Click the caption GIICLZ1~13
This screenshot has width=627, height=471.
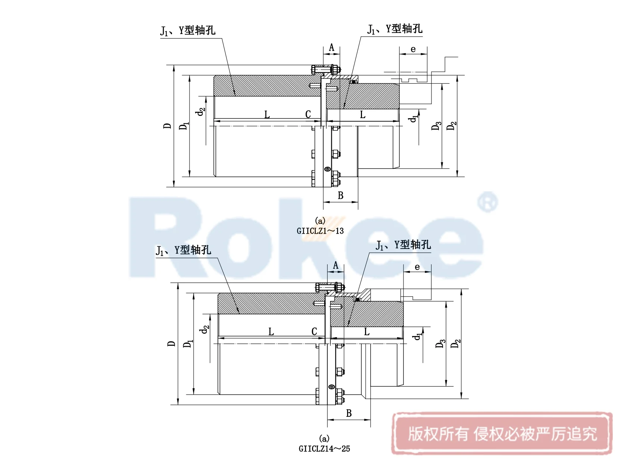[320, 231]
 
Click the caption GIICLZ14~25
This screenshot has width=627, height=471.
[324, 449]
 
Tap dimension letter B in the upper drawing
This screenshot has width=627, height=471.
[340, 196]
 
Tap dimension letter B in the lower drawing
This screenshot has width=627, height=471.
[349, 413]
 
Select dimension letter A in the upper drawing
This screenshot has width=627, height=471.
[331, 48]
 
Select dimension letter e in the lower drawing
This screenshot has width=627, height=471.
[417, 267]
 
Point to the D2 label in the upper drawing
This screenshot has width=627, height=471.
[452, 126]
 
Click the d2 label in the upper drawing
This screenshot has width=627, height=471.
[201, 111]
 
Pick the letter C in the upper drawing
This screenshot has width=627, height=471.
[308, 114]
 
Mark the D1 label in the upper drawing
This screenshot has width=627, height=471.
[184, 126]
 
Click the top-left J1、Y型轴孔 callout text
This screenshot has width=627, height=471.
[188, 31]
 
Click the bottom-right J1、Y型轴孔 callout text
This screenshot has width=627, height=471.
[403, 245]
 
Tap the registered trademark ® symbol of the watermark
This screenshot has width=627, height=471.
[487, 202]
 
